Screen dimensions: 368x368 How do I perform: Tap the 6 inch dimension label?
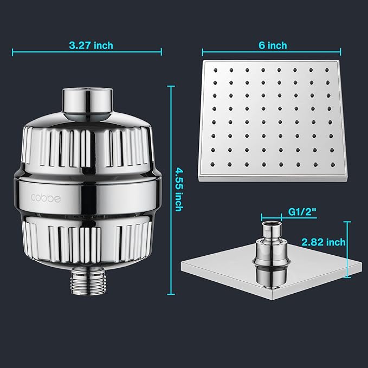click(x=272, y=45)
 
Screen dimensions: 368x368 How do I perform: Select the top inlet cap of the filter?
click(x=87, y=100)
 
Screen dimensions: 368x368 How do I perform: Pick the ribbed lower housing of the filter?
click(x=87, y=241)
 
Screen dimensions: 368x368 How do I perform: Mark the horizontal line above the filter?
click(x=87, y=53)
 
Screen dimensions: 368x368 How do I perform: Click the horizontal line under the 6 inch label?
click(x=272, y=53)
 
